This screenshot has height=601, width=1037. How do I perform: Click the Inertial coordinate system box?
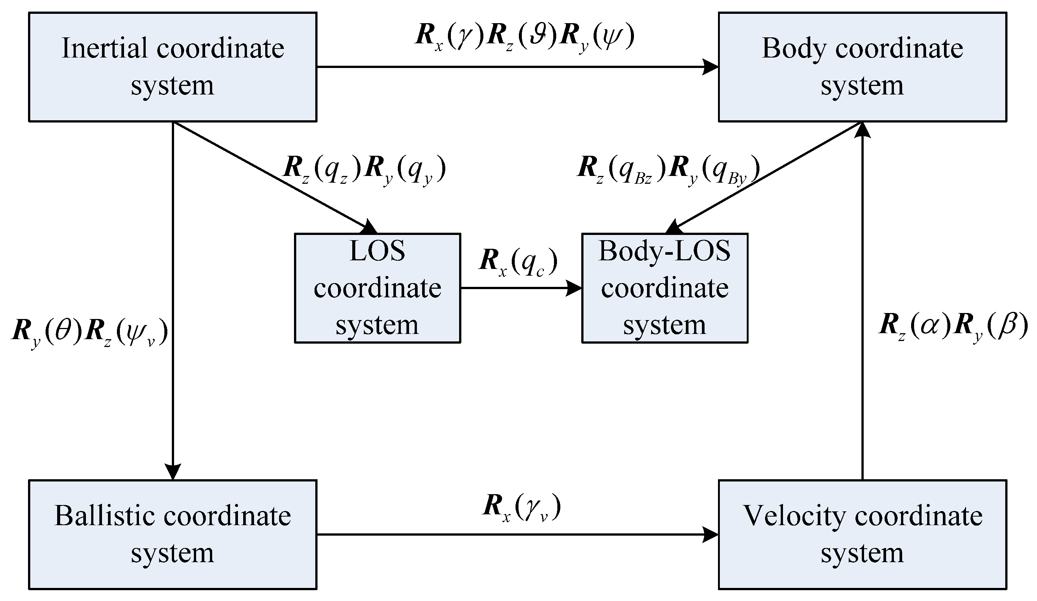(x=173, y=66)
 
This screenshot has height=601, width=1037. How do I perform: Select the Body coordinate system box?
(x=862, y=66)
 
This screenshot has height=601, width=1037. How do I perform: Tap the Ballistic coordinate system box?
(x=173, y=535)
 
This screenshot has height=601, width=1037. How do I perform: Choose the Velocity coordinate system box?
(x=862, y=535)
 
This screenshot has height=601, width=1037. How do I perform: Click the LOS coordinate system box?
(x=377, y=288)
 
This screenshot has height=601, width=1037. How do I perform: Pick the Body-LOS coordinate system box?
(x=664, y=288)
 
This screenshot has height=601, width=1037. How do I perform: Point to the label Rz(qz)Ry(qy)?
(x=364, y=170)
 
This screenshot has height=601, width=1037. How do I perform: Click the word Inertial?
(x=105, y=49)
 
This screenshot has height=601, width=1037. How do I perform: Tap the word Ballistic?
(x=105, y=516)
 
